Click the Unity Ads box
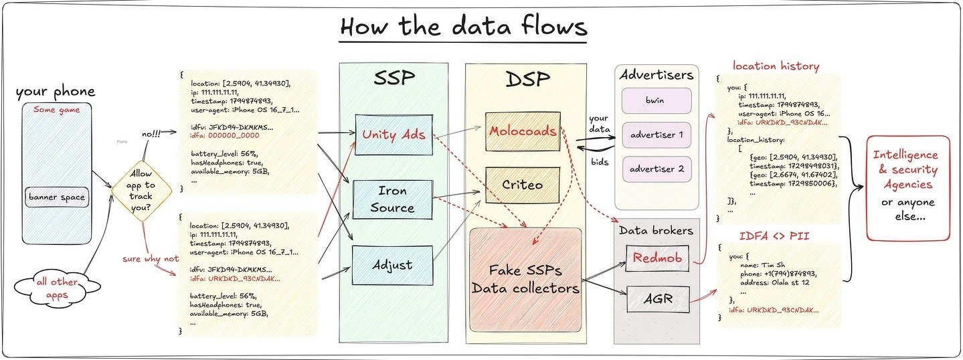click(x=393, y=134)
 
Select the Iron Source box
click(x=392, y=199)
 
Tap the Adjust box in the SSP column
click(x=392, y=265)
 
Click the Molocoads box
click(x=523, y=131)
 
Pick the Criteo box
click(x=523, y=185)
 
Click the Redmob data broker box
click(x=656, y=258)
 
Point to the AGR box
click(x=656, y=298)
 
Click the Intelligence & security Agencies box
click(x=907, y=188)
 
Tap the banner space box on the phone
click(x=58, y=197)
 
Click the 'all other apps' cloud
click(x=58, y=288)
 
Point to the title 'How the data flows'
click(x=463, y=26)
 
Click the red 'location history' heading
click(x=776, y=66)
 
